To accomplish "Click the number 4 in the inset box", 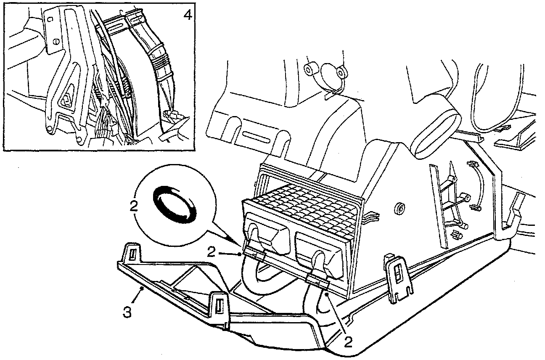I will [188, 15].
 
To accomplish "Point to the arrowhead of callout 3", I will [143, 288].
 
